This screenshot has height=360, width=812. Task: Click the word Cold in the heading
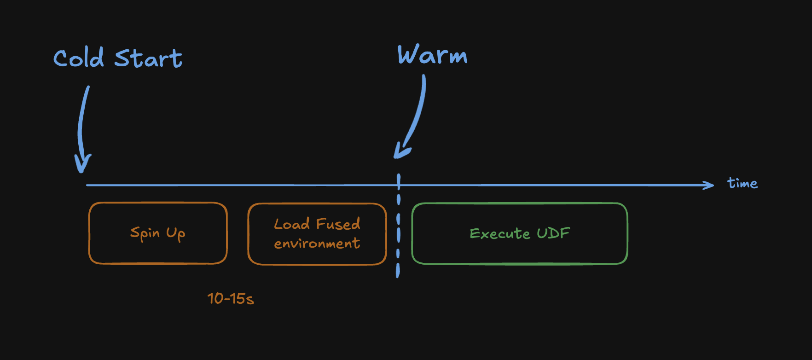coord(78,58)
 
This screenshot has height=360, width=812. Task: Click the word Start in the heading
coord(148,59)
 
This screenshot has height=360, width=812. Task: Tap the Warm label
coord(432,55)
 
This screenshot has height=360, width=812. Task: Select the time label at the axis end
coord(742,183)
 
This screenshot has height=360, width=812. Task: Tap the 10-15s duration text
coord(230,299)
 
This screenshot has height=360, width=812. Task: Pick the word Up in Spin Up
coord(175,234)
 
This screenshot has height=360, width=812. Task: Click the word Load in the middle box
coord(291,224)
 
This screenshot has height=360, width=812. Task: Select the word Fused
coord(338,224)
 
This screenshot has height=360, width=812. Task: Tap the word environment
coord(317,243)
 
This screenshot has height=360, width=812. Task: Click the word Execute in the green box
coord(499,234)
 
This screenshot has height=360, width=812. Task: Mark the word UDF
coord(553,233)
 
